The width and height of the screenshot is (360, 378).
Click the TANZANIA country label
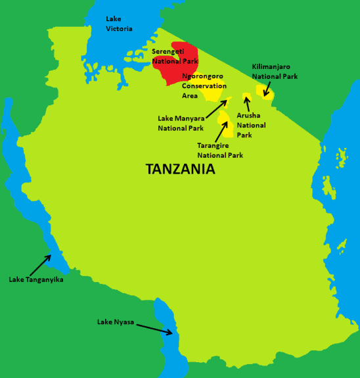[180, 170]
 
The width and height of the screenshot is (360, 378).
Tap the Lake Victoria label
[119, 24]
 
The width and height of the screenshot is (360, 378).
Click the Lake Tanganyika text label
[36, 279]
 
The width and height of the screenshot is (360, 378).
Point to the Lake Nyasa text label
[116, 321]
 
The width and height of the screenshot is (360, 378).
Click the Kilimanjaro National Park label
[275, 72]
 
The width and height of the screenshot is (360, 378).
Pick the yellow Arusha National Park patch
[247, 99]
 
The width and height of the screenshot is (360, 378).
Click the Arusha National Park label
[251, 125]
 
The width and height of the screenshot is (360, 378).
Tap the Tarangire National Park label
[220, 151]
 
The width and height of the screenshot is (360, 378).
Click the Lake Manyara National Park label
[181, 124]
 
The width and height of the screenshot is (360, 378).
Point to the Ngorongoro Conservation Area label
[204, 86]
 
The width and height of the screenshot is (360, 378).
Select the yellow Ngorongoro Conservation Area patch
[212, 93]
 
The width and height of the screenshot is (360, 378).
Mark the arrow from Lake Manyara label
[217, 108]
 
